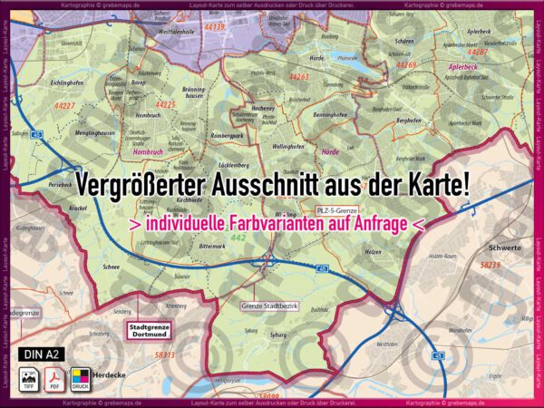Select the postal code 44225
(165, 104)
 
